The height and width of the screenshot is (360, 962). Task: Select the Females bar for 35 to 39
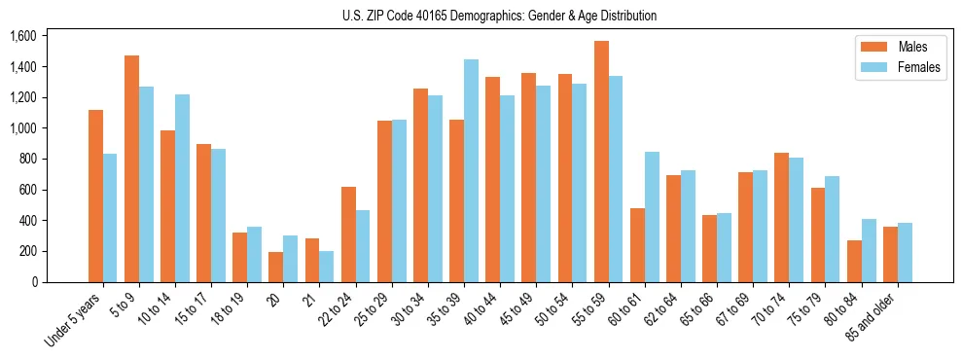pos(471,170)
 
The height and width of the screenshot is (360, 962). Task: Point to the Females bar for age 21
pos(327,267)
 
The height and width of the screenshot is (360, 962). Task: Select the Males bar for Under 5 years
pos(95,196)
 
